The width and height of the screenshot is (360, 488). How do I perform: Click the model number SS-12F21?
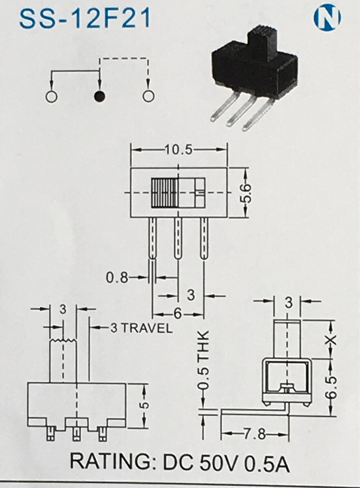(84, 19)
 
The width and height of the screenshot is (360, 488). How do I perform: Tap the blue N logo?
(327, 18)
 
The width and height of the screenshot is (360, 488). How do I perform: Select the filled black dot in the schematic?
(99, 96)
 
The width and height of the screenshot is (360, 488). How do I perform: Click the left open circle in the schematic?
(51, 96)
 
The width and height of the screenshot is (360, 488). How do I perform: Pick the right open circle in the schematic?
(148, 96)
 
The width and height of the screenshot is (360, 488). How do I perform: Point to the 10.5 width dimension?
(179, 150)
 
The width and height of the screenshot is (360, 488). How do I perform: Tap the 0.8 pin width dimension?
(117, 277)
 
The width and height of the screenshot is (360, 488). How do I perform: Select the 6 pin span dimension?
(177, 314)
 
